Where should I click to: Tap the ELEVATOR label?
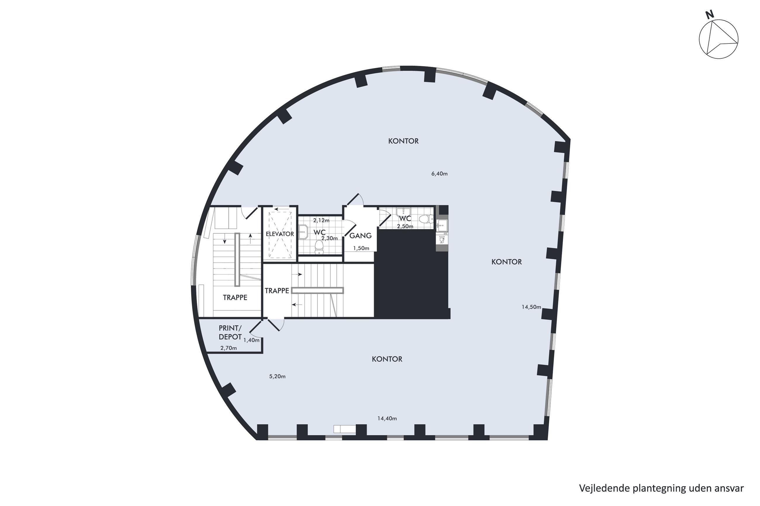click(280, 234)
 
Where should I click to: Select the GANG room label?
click(360, 236)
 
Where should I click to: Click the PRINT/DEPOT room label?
click(230, 332)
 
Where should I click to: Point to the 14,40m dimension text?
click(387, 418)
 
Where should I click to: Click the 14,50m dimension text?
click(531, 307)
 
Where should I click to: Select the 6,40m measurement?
click(439, 174)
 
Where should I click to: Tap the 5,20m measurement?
click(277, 376)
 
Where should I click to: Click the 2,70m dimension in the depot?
click(228, 348)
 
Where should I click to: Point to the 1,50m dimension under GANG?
click(361, 248)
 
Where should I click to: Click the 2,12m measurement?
click(321, 220)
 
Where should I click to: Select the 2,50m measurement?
click(405, 226)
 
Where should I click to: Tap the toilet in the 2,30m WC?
click(319, 247)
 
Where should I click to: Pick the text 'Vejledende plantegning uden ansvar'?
click(661, 488)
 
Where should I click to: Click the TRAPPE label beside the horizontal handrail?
click(277, 291)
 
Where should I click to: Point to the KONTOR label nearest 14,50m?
click(507, 262)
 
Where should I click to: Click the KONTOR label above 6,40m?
click(403, 141)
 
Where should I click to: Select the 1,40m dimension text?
click(251, 340)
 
